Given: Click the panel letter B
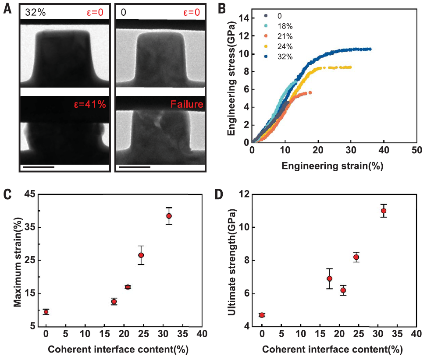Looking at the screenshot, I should pyautogui.click(x=222, y=7).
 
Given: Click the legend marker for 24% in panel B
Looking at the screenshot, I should pyautogui.click(x=266, y=46).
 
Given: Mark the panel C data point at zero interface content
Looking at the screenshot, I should pyautogui.click(x=46, y=312).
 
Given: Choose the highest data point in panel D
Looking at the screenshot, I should pyautogui.click(x=384, y=211).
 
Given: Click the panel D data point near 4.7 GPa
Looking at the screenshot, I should pyautogui.click(x=262, y=315).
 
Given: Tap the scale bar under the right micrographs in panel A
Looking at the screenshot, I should pyautogui.click(x=134, y=167).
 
